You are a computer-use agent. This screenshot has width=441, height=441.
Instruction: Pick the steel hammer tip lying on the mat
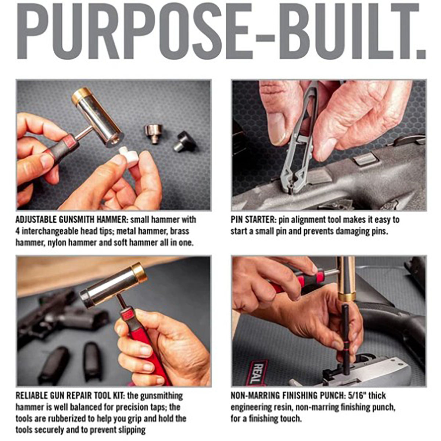tap(154, 134)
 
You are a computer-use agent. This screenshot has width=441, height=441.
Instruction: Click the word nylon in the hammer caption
tap(57, 243)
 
